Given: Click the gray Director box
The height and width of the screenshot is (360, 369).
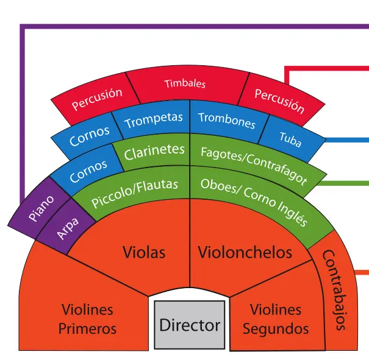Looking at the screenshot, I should [x=189, y=324].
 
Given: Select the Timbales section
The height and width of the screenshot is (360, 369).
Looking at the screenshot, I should [x=185, y=84].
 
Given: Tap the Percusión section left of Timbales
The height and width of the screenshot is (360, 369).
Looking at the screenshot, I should [x=96, y=99].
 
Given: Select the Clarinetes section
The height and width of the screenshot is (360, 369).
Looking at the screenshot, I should [x=154, y=152].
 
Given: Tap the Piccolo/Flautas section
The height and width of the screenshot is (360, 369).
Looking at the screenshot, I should [x=135, y=192].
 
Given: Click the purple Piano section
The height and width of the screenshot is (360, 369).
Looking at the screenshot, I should [x=40, y=209].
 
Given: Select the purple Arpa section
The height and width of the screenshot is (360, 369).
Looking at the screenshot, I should [x=68, y=229].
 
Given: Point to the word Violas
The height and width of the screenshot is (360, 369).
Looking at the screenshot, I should [x=144, y=252].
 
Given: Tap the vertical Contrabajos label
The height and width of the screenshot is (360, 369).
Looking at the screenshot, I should [x=335, y=289].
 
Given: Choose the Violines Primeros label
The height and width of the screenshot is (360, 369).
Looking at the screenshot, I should [x=87, y=319].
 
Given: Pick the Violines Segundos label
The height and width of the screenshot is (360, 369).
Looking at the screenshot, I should [x=276, y=319].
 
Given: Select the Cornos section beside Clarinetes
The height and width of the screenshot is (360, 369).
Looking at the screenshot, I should [x=88, y=170].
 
